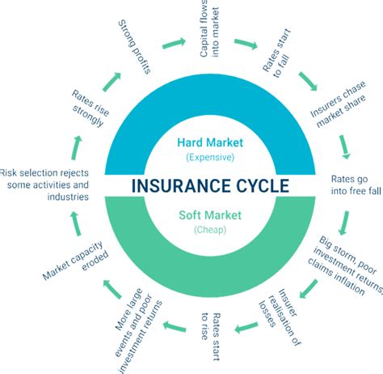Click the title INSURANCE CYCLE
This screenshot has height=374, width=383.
(197, 186)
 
